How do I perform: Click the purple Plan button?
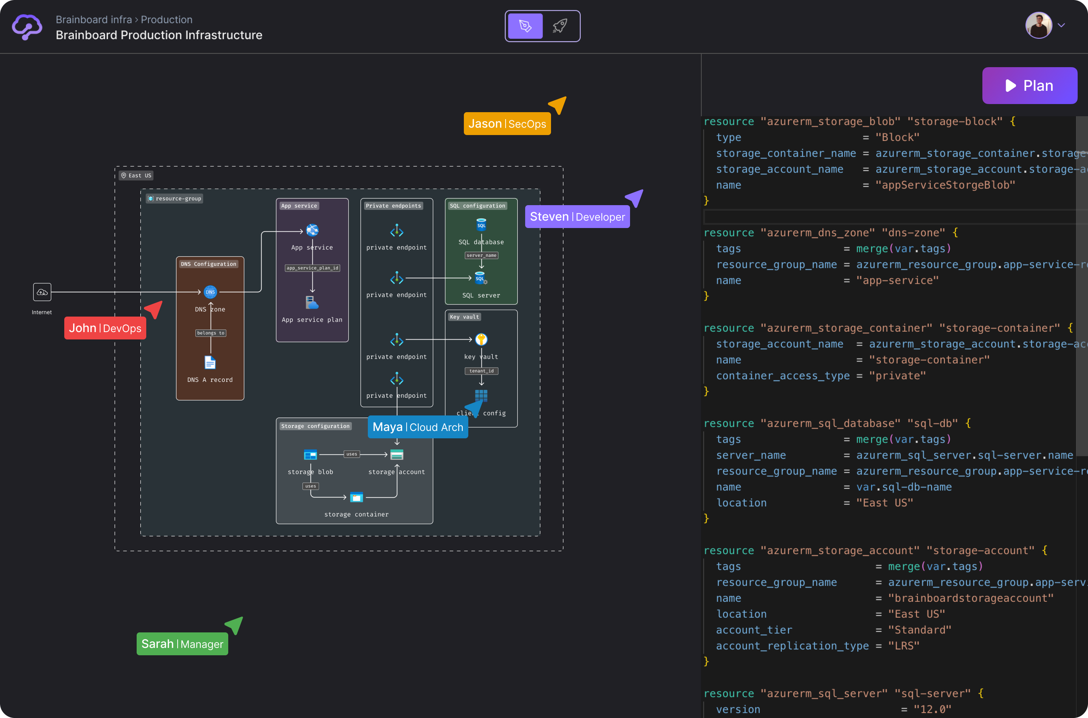(x=1029, y=86)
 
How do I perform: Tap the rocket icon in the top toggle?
(x=560, y=26)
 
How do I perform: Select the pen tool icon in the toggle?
(x=525, y=26)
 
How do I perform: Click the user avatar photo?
(x=1038, y=25)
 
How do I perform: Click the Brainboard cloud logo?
(x=27, y=27)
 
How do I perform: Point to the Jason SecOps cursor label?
(x=507, y=124)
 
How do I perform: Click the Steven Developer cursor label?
(x=577, y=217)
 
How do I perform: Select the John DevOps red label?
(x=105, y=328)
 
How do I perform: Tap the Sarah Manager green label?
(x=182, y=644)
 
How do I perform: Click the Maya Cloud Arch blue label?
(x=417, y=427)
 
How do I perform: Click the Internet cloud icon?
(x=42, y=292)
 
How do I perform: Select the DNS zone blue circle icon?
(x=210, y=292)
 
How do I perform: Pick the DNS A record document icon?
(x=210, y=363)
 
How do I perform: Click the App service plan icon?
(x=312, y=303)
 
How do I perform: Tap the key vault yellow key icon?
(x=481, y=339)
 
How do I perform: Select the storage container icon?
(x=356, y=497)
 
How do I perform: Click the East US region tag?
(x=136, y=175)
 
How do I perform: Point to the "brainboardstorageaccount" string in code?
(x=970, y=598)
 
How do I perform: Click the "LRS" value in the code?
(x=903, y=646)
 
